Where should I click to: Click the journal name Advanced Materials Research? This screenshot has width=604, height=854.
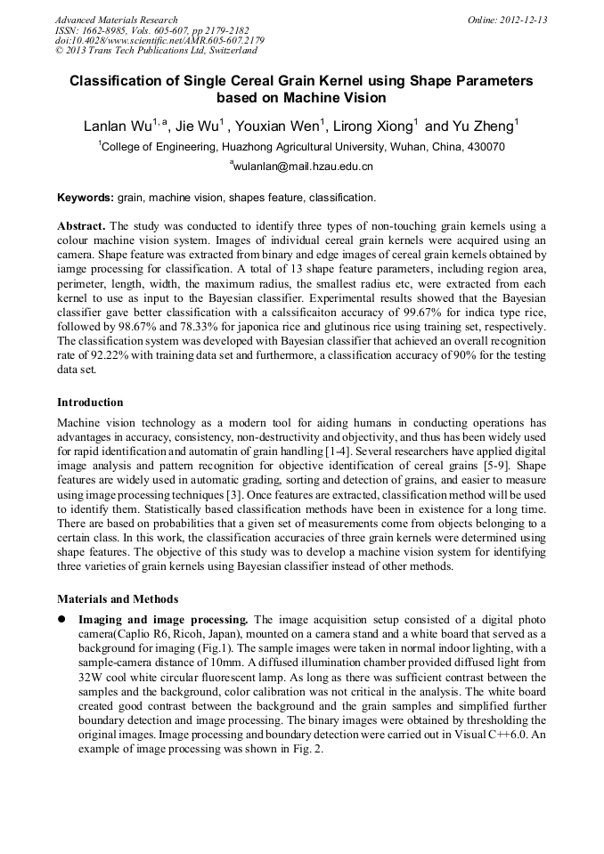click(x=116, y=20)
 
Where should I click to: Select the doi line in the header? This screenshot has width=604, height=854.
click(x=159, y=41)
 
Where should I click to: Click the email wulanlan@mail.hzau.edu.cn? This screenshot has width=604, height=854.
click(x=303, y=167)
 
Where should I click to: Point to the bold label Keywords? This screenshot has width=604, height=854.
click(x=86, y=198)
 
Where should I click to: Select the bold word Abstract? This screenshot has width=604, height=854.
click(x=81, y=226)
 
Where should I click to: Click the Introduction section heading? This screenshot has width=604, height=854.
click(x=90, y=403)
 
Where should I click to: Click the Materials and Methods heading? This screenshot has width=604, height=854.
click(x=118, y=598)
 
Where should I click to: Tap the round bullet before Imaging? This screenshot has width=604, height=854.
click(x=62, y=619)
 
